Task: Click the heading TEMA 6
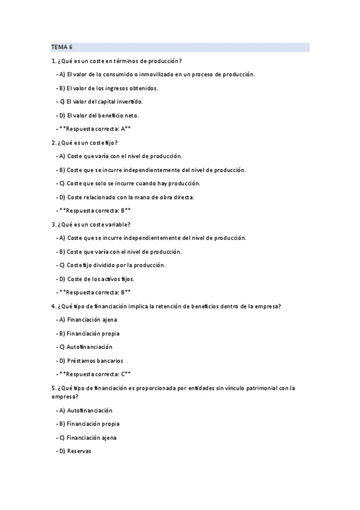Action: [x=61, y=47]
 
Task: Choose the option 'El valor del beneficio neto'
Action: [x=99, y=115]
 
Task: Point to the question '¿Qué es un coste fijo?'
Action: [x=88, y=143]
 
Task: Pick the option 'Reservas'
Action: [x=79, y=451]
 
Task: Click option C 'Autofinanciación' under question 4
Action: [x=89, y=346]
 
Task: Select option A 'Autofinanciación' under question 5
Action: [x=89, y=410]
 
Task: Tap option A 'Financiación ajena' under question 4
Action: [x=91, y=319]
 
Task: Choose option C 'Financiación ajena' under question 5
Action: [x=91, y=437]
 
